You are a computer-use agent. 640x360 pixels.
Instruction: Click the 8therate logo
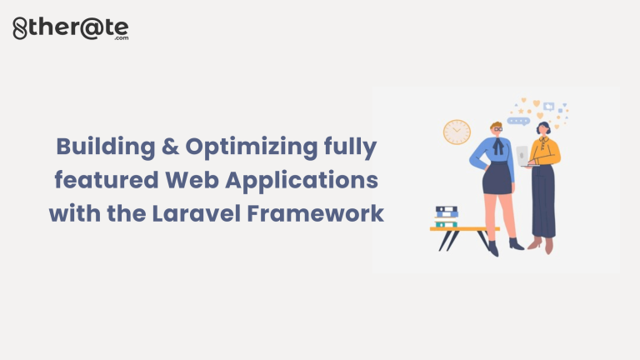pyautogui.click(x=71, y=28)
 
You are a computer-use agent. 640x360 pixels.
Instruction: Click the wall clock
pyautogui.click(x=457, y=132)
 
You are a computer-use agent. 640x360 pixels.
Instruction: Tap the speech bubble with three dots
pyautogui.click(x=518, y=121)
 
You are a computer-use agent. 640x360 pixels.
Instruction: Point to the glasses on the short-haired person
pyautogui.click(x=497, y=129)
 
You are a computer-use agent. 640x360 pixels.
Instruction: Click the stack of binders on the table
pyautogui.click(x=446, y=216)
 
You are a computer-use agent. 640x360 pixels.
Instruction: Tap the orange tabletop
pyautogui.click(x=463, y=227)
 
